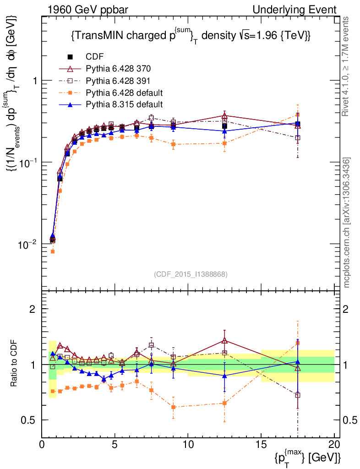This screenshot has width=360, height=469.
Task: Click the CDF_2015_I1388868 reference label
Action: (190, 274)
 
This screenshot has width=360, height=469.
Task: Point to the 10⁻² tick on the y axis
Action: (28, 245)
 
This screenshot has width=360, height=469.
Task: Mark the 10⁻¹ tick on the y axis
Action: (28, 163)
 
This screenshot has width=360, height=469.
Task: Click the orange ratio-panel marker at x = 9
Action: (173, 407)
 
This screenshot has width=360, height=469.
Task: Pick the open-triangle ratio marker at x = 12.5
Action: (224, 341)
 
